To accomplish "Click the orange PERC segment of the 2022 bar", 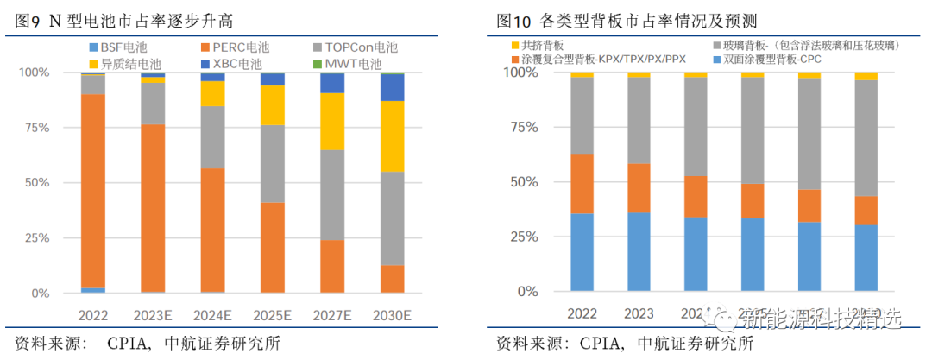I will click(x=93, y=190).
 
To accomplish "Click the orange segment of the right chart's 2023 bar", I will click(x=639, y=187).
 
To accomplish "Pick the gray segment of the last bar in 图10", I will click(x=866, y=138).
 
